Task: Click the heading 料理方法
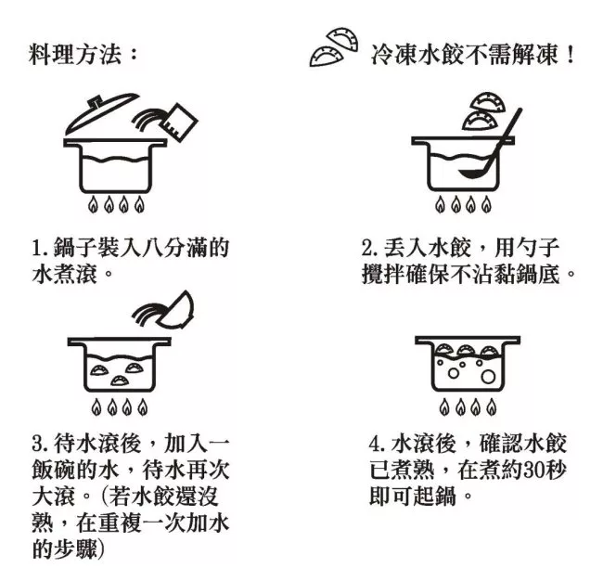pos(75,54)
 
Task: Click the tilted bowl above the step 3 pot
pos(177,312)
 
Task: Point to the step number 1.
pos(37,248)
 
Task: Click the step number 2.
pos(369,248)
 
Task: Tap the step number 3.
pos(39,444)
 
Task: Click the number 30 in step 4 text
pos(532,470)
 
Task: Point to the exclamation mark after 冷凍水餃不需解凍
pos(570,55)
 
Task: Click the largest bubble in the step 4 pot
pos(488,377)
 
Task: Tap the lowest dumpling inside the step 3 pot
pos(121,381)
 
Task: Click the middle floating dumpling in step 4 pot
pos(466,350)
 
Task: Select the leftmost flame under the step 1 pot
pos(94,204)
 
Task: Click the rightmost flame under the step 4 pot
pos(491,407)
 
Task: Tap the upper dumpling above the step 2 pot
pos(488,102)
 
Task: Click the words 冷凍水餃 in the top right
pos(417,55)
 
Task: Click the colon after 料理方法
pos(133,54)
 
